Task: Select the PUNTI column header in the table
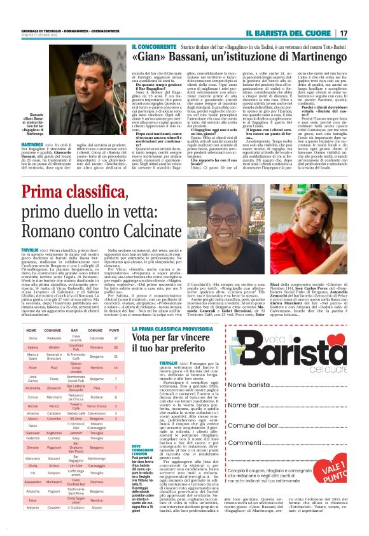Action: tap(113, 331)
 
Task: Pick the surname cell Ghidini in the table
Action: tap(55, 348)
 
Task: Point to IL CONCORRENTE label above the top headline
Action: tap(153, 47)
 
